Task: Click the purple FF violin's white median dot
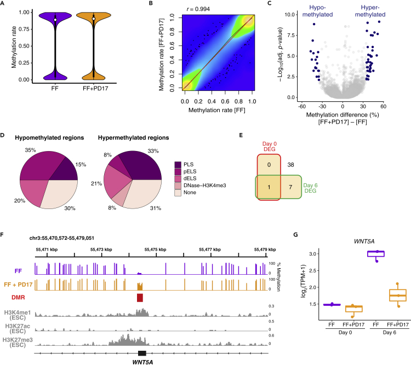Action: tap(54, 18)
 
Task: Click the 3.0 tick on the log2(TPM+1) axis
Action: tap(318, 254)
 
